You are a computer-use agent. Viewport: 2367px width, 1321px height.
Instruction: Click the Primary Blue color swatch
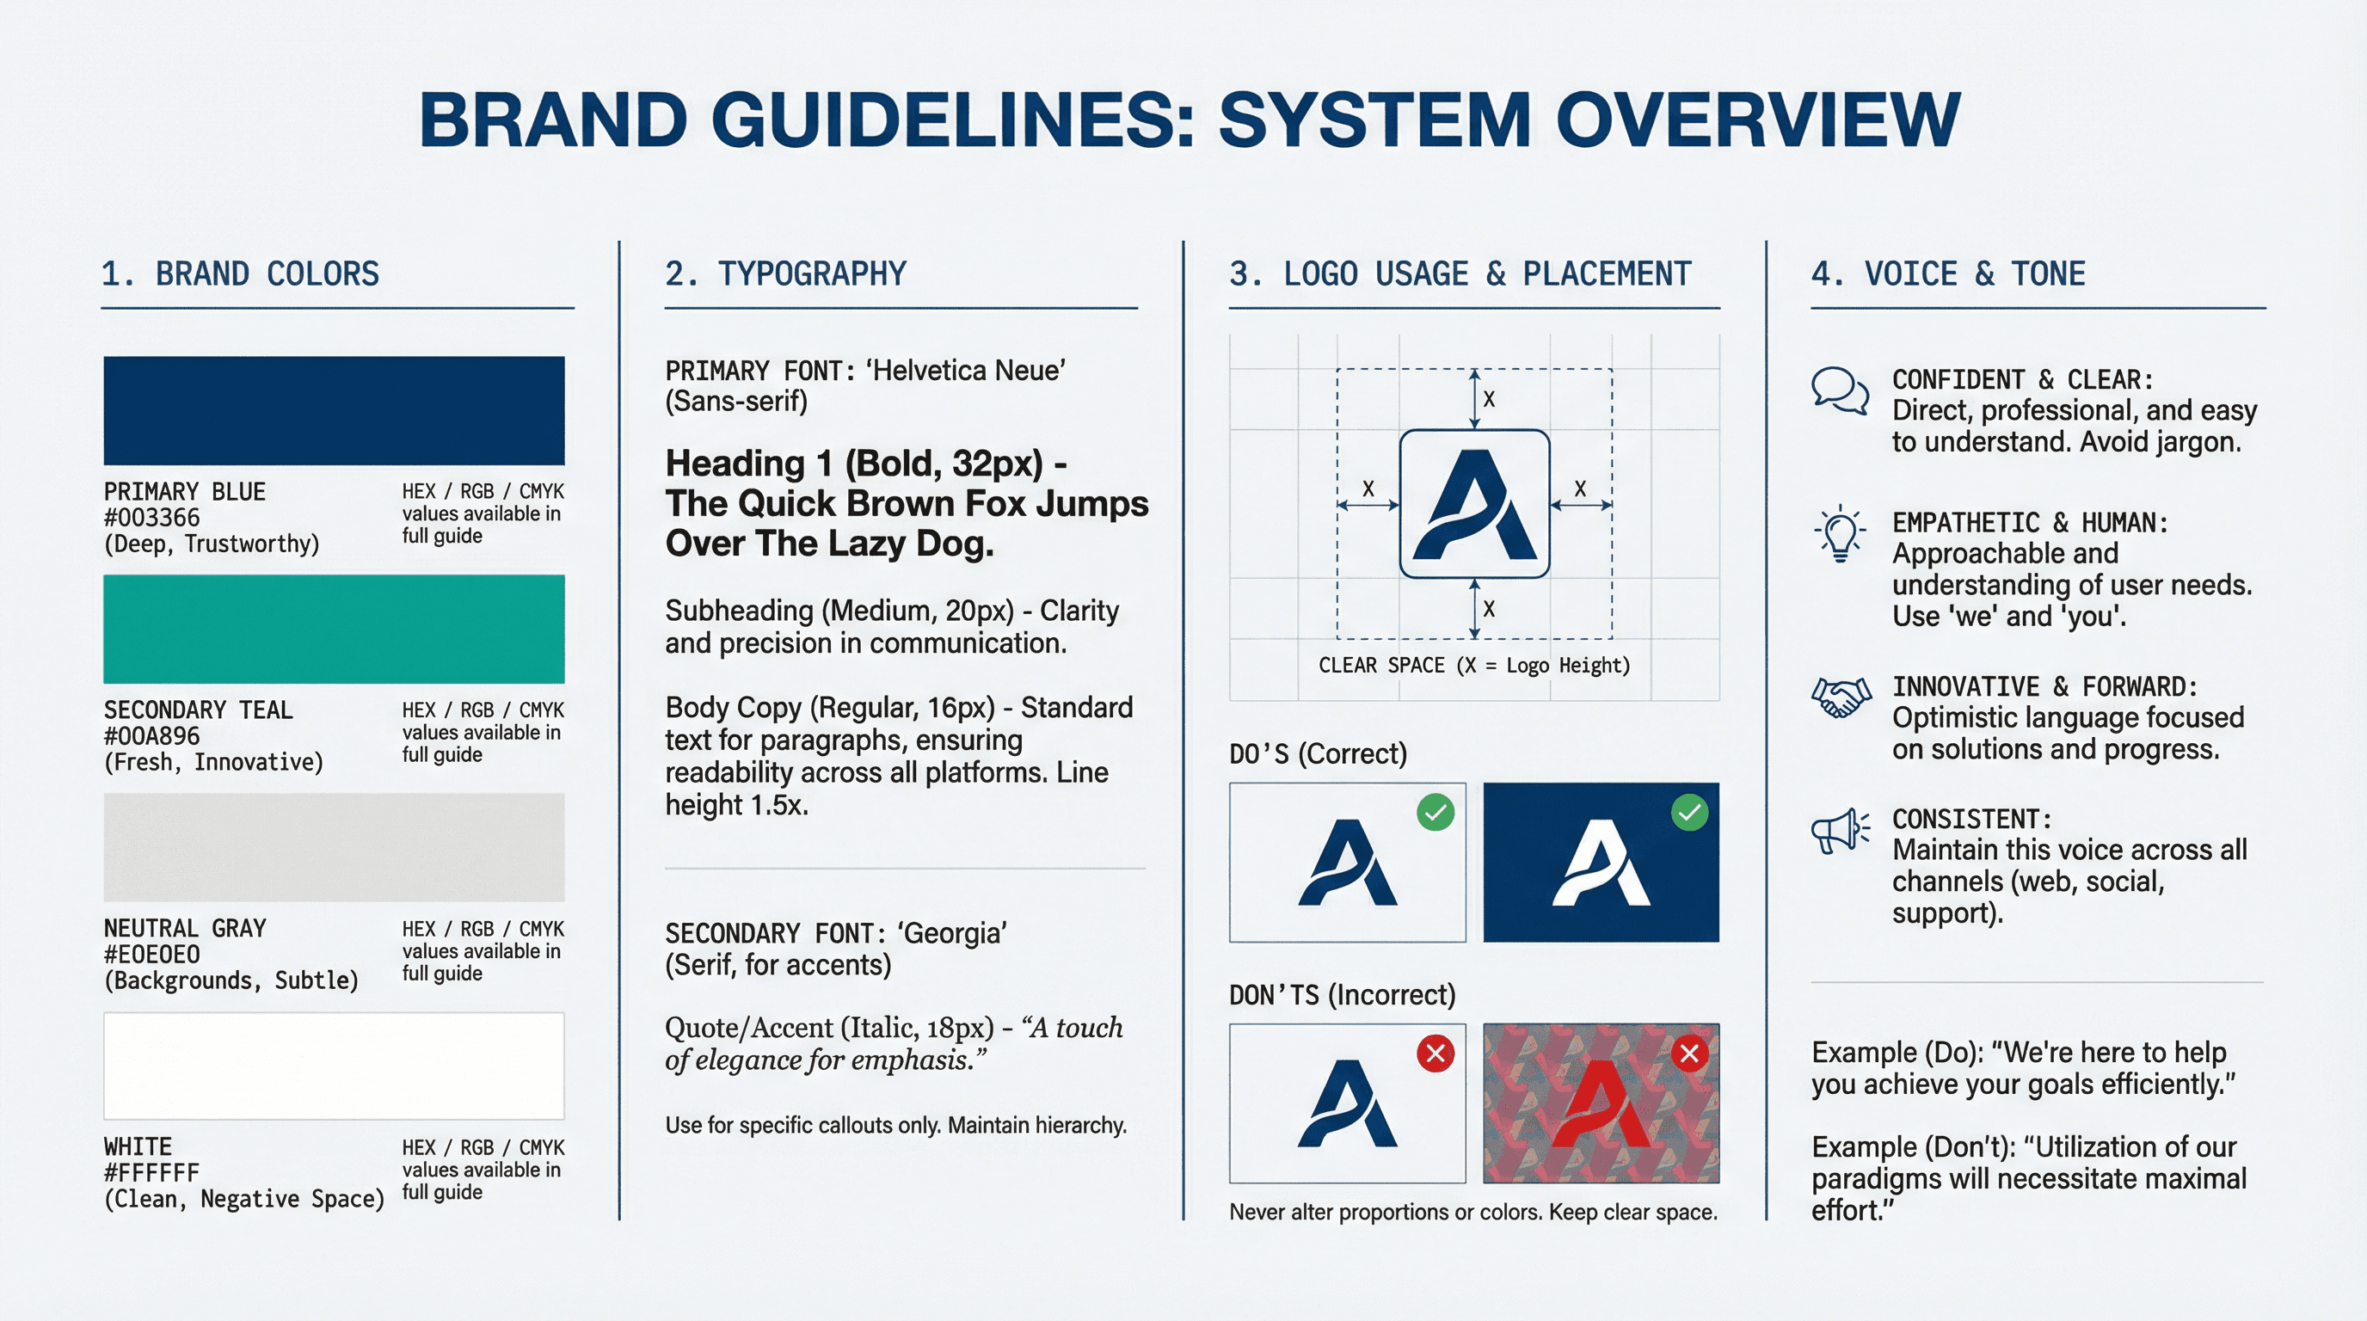(x=334, y=410)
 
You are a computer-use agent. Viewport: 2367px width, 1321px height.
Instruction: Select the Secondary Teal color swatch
(x=334, y=630)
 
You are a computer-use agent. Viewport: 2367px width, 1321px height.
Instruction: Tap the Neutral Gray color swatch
(x=334, y=847)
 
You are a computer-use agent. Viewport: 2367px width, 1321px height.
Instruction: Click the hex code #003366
(x=151, y=518)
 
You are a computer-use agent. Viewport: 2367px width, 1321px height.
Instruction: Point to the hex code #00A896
(x=151, y=736)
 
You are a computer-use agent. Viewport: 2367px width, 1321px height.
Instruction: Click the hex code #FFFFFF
(x=151, y=1173)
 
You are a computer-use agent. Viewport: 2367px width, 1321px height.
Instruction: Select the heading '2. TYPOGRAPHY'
(x=785, y=273)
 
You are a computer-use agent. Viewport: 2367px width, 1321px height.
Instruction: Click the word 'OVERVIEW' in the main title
(x=1758, y=120)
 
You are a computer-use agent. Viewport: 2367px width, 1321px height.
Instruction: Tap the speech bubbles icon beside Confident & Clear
(x=1840, y=391)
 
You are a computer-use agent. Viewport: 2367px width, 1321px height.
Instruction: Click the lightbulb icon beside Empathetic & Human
(x=1840, y=533)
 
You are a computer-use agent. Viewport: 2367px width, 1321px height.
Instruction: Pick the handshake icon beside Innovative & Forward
(x=1841, y=697)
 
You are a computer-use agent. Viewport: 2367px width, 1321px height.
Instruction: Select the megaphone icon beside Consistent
(x=1840, y=832)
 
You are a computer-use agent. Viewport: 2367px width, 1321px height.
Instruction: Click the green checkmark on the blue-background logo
(x=1689, y=813)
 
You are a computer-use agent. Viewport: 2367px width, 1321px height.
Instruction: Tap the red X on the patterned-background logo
(x=1689, y=1054)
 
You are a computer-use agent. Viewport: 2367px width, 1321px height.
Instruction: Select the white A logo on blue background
(x=1601, y=863)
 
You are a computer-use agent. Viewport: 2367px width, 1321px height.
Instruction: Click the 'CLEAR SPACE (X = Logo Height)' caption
(x=1474, y=665)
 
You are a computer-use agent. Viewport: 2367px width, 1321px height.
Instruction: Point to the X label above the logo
(x=1489, y=400)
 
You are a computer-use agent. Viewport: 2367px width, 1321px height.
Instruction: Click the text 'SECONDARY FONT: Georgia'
(x=835, y=933)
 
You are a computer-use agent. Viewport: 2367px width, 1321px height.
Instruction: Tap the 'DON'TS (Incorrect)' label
(x=1343, y=995)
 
